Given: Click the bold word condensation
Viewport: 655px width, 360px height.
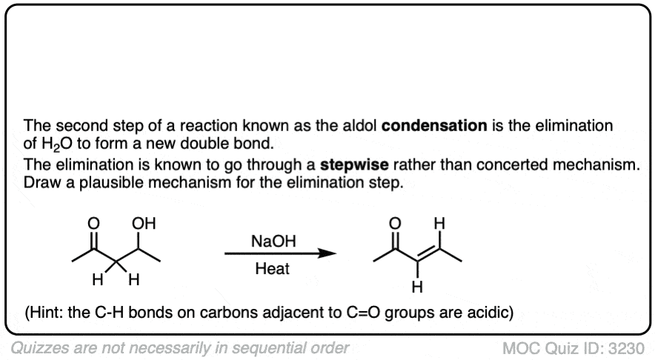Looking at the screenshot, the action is coord(434,125).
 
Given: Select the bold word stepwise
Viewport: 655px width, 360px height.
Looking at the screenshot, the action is coord(354,164).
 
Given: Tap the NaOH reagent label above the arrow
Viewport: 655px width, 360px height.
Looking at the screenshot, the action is coord(273,241).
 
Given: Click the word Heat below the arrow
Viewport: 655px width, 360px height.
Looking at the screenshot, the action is coord(273,269).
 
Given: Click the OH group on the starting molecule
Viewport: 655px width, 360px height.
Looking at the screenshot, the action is coord(144,224).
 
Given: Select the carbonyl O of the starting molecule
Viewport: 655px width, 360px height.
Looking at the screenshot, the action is coord(93,224).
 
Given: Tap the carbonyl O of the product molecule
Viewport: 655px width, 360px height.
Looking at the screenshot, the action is coord(395,224).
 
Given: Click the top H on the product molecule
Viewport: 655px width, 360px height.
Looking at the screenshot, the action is coord(439,224).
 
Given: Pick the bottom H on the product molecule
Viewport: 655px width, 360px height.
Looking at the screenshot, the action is coord(417,287).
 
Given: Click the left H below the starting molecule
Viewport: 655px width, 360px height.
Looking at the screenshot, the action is coord(98,279).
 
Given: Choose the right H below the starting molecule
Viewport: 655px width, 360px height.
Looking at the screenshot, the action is coord(133,279).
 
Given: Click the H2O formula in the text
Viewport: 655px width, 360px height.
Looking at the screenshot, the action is coord(57,144).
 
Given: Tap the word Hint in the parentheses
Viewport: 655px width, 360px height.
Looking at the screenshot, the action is coord(44,313).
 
